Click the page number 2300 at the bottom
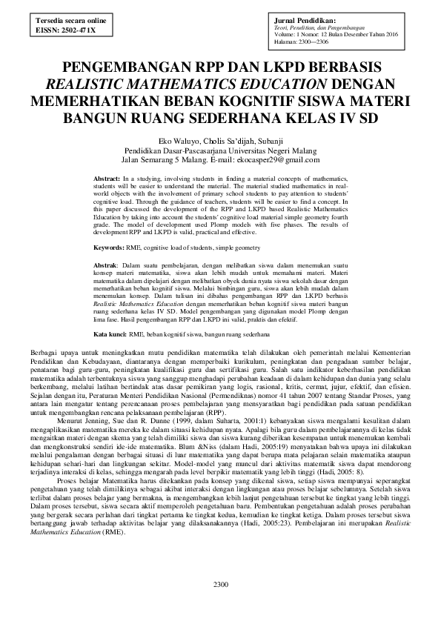click(x=221, y=585)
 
